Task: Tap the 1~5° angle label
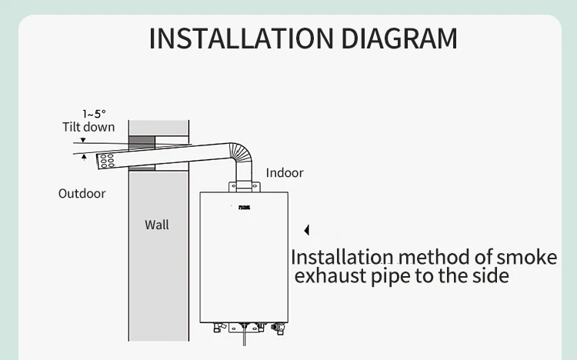94,114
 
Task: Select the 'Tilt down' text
88,127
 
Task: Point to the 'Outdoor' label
82,193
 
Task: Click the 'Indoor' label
285,172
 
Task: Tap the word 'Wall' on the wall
156,225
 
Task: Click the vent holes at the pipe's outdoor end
106,161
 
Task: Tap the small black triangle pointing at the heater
306,230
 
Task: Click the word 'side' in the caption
489,275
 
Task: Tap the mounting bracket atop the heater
245,185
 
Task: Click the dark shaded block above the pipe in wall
142,142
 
